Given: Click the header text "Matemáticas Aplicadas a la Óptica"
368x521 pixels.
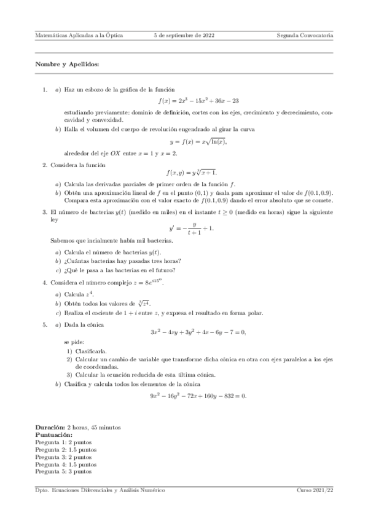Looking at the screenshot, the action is pos(79,36).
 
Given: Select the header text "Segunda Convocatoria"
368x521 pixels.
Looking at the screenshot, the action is pos(305,36).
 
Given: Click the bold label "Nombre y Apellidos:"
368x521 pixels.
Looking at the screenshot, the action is pos(66,64).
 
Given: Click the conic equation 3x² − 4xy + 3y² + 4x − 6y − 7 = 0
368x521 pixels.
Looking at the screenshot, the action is pos(198,332).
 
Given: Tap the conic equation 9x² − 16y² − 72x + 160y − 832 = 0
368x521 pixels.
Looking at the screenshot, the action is pos(198,396).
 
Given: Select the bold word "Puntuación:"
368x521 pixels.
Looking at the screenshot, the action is pos(54,434).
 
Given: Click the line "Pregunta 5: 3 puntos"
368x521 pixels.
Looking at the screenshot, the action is pos(64,471).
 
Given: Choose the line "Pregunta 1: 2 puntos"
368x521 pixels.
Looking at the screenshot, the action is pos(64,442).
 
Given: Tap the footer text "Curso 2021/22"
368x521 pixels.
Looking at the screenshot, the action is pos(315,490).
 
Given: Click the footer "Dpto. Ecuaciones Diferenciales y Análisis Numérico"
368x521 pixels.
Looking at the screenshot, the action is pos(100,490).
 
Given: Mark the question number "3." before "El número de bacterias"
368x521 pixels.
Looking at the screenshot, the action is pos(45,212).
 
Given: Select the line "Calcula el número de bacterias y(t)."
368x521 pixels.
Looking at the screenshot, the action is pos(109,252).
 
